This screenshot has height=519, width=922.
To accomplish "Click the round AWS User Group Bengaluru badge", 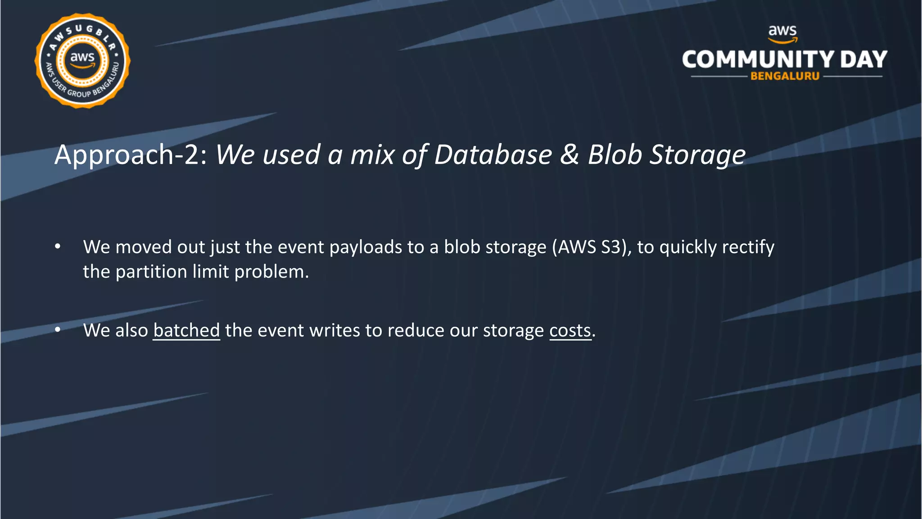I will point(82,61).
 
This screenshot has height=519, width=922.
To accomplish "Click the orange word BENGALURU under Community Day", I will point(785,76).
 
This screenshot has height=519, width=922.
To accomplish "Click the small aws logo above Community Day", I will point(782,33).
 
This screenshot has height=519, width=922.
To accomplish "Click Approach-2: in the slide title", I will point(131,155).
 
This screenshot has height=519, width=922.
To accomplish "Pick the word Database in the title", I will point(493,155).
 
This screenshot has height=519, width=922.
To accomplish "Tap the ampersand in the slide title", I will point(569,155).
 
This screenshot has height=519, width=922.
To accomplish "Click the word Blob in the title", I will point(615,155).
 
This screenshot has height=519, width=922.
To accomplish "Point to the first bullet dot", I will point(58,246).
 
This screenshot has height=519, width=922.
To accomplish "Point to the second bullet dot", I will point(58,330).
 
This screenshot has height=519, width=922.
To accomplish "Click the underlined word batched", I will point(186,331).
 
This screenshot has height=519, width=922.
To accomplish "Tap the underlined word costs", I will point(570,331).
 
